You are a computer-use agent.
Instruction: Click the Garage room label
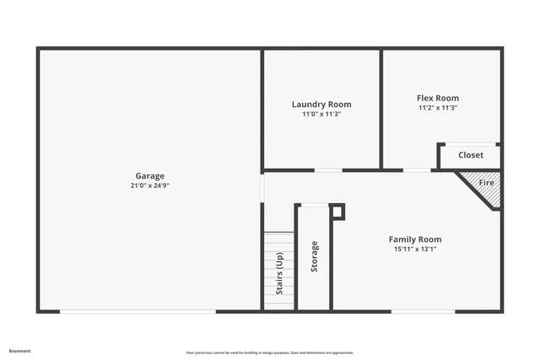[x=150, y=176]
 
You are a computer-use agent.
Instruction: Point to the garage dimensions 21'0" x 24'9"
[x=150, y=185]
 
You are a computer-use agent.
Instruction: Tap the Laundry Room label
[x=321, y=105]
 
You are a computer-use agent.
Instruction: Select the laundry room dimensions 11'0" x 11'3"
[x=321, y=114]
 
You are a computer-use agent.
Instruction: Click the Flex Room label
[x=438, y=99]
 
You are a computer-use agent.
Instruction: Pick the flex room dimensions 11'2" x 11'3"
[x=438, y=108]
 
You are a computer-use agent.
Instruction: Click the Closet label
[x=471, y=155]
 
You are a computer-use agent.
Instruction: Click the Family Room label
[x=414, y=239]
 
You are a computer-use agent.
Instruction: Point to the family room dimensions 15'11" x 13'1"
[x=414, y=249]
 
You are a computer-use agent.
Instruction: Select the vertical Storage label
[x=315, y=256]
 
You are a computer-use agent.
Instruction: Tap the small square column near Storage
[x=337, y=211]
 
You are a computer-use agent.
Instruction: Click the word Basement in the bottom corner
[x=20, y=351]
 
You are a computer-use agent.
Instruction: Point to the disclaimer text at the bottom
[x=270, y=352]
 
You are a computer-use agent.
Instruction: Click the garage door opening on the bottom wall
[x=138, y=311]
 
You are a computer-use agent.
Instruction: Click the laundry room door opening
[x=328, y=170]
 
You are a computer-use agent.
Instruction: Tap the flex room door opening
[x=417, y=170]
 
